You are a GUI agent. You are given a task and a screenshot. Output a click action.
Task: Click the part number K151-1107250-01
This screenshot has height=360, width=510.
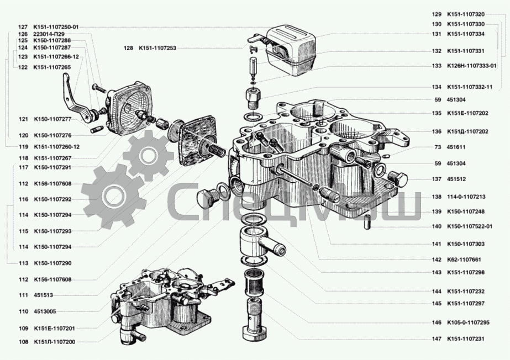pyautogui.click(x=56, y=27)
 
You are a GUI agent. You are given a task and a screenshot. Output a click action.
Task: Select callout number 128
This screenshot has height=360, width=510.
pyautogui.click(x=128, y=48)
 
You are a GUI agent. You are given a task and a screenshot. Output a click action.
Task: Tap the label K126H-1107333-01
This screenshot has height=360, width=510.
pyautogui.click(x=471, y=66)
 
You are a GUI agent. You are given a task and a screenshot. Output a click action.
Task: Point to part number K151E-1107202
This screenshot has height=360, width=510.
pyautogui.click(x=467, y=113)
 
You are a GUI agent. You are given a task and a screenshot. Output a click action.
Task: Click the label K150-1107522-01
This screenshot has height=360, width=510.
pyautogui.click(x=470, y=226)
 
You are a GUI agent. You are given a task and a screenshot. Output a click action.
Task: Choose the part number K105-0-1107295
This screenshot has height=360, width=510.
pyautogui.click(x=469, y=322)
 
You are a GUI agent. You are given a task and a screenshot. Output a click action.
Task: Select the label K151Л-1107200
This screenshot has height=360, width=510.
pyautogui.click(x=54, y=342)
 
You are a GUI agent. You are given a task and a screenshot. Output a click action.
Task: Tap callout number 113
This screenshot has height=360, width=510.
pyautogui.click(x=23, y=263)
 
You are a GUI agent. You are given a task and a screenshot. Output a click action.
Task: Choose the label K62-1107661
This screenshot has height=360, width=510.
pyautogui.click(x=466, y=259)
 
